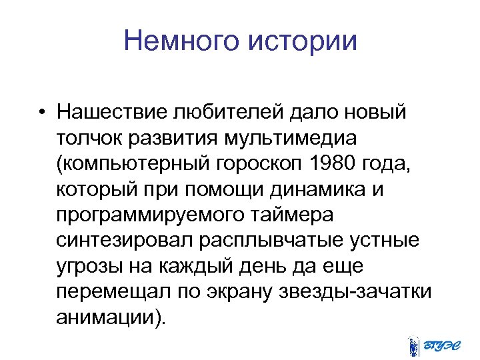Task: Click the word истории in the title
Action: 303,41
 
